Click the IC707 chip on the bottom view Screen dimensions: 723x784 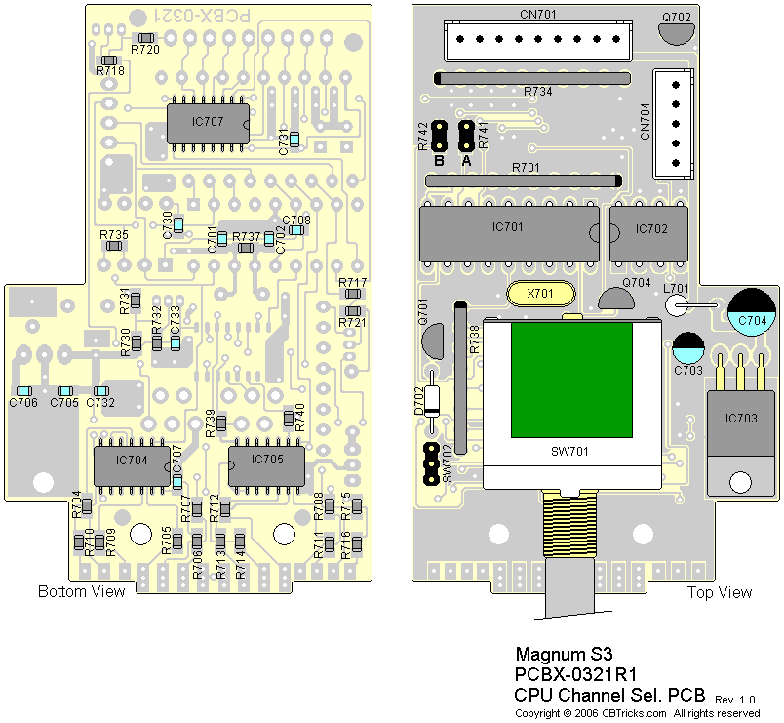tap(208, 125)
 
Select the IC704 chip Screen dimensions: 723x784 tap(132, 462)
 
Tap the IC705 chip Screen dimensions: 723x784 tap(266, 462)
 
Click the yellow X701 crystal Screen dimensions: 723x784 tap(541, 293)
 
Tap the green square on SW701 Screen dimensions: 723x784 tap(571, 380)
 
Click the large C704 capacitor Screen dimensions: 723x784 tap(752, 311)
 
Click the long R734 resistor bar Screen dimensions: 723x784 tap(531, 76)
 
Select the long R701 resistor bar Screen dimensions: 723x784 tap(524, 181)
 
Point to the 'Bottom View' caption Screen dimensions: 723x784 tap(82, 592)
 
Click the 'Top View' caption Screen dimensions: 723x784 tap(720, 592)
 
